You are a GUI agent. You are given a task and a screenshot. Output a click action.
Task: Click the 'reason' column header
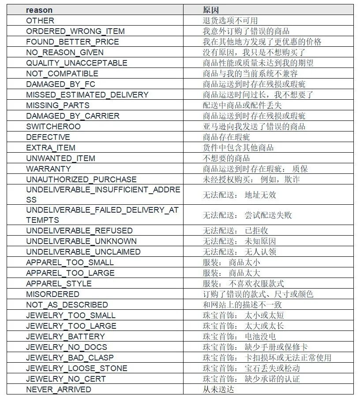point(39,10)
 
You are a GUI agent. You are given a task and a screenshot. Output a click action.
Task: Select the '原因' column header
point(211,10)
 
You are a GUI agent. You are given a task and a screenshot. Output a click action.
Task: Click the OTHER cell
point(40,20)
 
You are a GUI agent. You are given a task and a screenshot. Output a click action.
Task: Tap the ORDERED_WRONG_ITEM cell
point(75,31)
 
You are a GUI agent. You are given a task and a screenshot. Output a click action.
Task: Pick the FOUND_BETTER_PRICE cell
point(72,41)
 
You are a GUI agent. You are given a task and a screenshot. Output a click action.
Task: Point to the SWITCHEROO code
point(53,126)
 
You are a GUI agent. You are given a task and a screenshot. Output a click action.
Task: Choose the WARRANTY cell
point(49,169)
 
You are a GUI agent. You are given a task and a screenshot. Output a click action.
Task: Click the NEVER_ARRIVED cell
point(59,389)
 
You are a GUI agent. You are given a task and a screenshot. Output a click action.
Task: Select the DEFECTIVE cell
point(48,137)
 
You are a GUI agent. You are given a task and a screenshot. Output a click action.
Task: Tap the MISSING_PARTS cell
point(58,105)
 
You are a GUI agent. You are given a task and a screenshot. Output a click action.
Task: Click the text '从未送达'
point(218,389)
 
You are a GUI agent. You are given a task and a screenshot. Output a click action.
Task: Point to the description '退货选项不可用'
point(230,20)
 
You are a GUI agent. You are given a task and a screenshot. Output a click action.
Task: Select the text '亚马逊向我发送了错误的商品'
point(254,126)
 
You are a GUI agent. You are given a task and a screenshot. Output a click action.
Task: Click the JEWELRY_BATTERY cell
point(65,336)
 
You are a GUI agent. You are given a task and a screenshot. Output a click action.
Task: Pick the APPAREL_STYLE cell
point(59,283)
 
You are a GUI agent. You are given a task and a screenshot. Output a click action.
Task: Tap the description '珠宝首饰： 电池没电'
point(239,336)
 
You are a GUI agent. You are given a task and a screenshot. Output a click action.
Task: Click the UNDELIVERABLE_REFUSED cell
point(79,230)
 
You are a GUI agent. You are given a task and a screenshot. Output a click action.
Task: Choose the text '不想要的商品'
point(226,158)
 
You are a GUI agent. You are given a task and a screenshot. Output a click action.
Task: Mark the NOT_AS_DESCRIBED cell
point(67,304)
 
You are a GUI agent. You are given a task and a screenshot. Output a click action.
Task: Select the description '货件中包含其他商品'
point(238,147)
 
